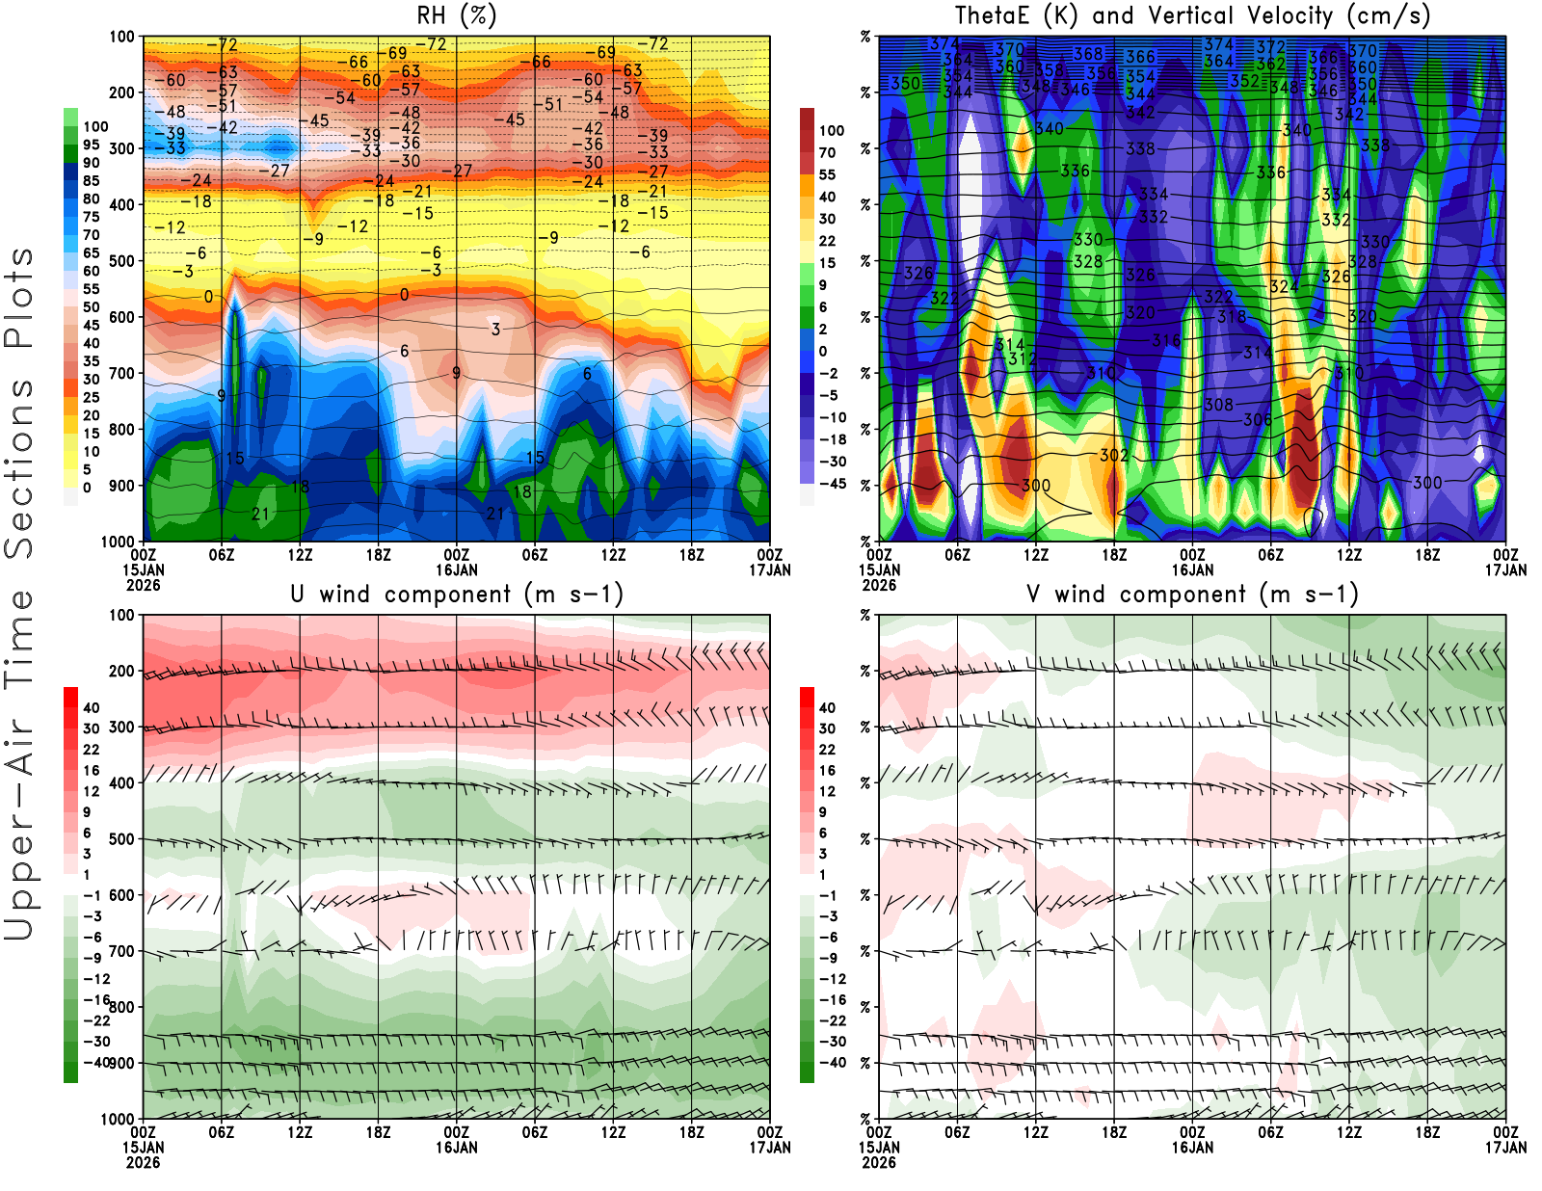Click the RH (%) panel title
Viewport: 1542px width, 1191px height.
tap(456, 15)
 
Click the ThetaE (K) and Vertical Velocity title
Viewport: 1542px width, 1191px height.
tap(1192, 15)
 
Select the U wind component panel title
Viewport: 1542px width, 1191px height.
tap(456, 594)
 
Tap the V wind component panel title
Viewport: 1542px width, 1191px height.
tap(1192, 594)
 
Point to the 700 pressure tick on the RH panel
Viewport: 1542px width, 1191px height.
tap(122, 373)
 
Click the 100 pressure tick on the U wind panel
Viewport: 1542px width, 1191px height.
tap(122, 615)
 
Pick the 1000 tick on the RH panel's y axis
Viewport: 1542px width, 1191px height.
tap(119, 542)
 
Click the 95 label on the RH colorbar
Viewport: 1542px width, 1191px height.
tap(91, 145)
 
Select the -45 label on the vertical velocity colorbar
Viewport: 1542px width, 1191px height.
tap(832, 484)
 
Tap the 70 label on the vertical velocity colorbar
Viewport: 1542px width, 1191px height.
tap(827, 152)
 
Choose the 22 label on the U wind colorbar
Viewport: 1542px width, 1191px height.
tap(91, 750)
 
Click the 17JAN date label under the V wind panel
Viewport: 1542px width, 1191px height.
tap(1505, 1148)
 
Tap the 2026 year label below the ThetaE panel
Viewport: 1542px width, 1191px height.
tap(879, 585)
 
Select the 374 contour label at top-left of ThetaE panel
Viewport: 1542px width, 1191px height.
tap(944, 44)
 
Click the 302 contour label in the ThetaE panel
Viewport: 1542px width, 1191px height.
tap(1113, 455)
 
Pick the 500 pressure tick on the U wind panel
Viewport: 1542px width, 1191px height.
tap(122, 839)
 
